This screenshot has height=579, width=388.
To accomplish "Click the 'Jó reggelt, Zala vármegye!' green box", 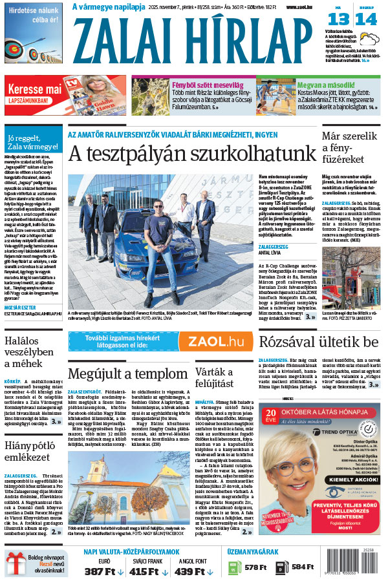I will (x=32, y=142).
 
